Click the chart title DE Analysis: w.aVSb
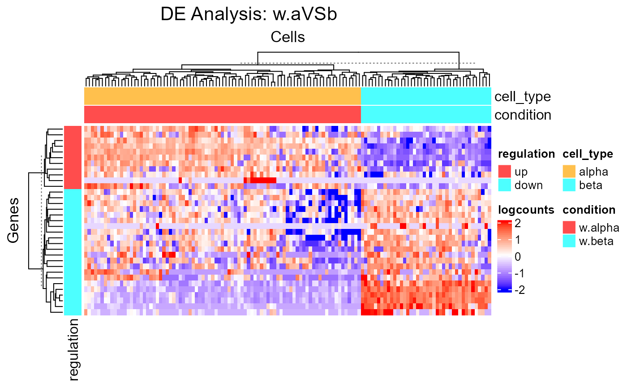[249, 15]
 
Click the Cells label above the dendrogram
[288, 37]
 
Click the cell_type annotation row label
[522, 96]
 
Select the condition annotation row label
[523, 115]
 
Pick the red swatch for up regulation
[504, 172]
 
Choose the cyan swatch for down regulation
[504, 185]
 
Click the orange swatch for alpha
[569, 172]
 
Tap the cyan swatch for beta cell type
[569, 185]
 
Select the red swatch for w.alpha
[569, 228]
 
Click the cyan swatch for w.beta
[569, 241]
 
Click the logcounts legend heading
[526, 210]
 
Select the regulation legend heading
[526, 154]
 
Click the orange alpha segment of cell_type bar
[222, 96]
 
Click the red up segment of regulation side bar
[73, 157]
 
